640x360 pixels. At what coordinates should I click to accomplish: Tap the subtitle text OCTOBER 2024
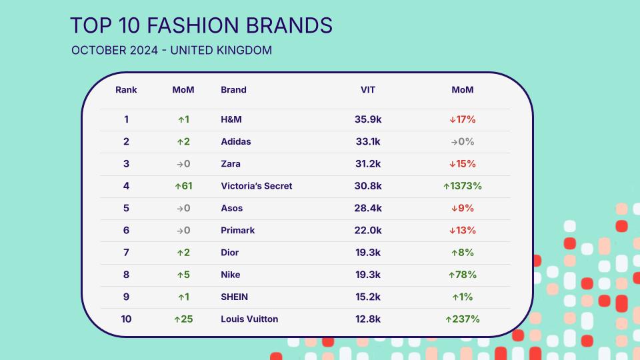(x=115, y=50)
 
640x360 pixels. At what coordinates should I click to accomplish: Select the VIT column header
(x=368, y=90)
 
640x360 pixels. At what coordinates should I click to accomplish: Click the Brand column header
(x=233, y=90)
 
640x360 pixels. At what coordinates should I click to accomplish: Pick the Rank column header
(x=126, y=90)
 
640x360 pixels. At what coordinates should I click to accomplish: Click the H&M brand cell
(x=231, y=119)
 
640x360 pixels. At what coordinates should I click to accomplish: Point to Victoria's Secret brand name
(x=256, y=186)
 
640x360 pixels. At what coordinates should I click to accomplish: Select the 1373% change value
(x=463, y=186)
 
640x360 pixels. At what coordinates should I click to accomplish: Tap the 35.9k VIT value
(x=368, y=119)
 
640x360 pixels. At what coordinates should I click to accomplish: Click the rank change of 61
(x=183, y=186)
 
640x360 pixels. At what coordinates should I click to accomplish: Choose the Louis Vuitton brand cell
(x=249, y=319)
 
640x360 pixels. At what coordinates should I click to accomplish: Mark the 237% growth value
(x=463, y=319)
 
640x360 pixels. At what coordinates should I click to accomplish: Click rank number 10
(x=126, y=319)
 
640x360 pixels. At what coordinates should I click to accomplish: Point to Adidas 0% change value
(x=463, y=141)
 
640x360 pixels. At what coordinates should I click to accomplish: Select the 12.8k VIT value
(x=368, y=319)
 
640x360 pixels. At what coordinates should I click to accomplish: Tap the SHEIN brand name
(x=234, y=297)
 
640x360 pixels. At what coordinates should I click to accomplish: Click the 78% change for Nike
(x=463, y=275)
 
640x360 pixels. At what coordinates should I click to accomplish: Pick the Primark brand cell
(x=237, y=230)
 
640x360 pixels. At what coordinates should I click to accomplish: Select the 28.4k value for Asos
(x=368, y=208)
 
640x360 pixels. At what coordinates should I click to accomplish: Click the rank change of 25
(x=183, y=319)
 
